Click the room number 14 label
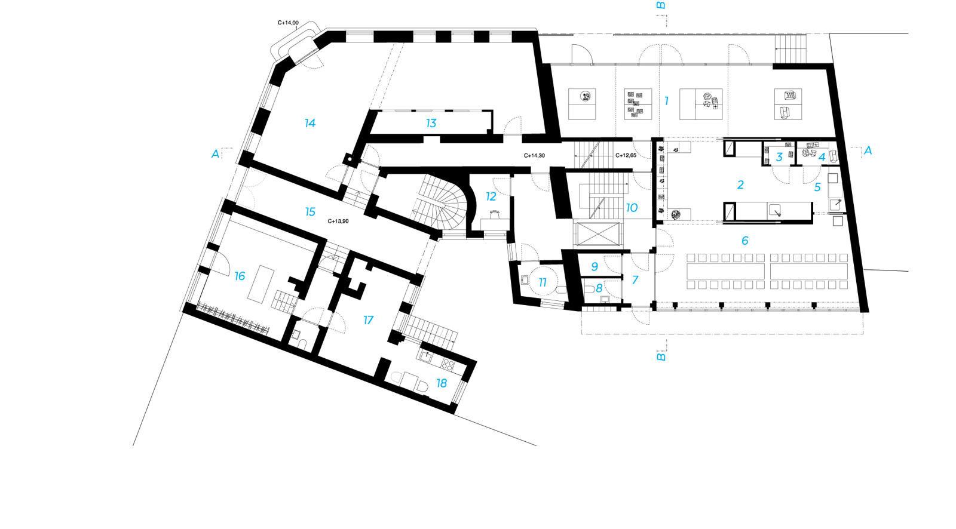[x=310, y=123]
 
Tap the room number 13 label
[x=431, y=123]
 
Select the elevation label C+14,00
[x=288, y=23]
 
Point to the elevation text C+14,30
[x=534, y=156]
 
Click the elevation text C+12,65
[x=626, y=155]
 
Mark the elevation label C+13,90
[x=338, y=221]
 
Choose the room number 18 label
[x=442, y=383]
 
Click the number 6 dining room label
[x=744, y=241]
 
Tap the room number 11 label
[x=543, y=282]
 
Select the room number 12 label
[x=491, y=196]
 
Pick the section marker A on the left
[x=216, y=153]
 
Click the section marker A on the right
[x=868, y=150]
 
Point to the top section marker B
[x=661, y=5]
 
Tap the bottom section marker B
[x=661, y=356]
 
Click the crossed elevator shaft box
[x=597, y=234]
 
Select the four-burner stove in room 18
[x=448, y=364]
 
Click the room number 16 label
[x=240, y=276]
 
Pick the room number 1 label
[x=667, y=101]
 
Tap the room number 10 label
[x=632, y=208]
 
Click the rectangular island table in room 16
[x=261, y=284]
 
